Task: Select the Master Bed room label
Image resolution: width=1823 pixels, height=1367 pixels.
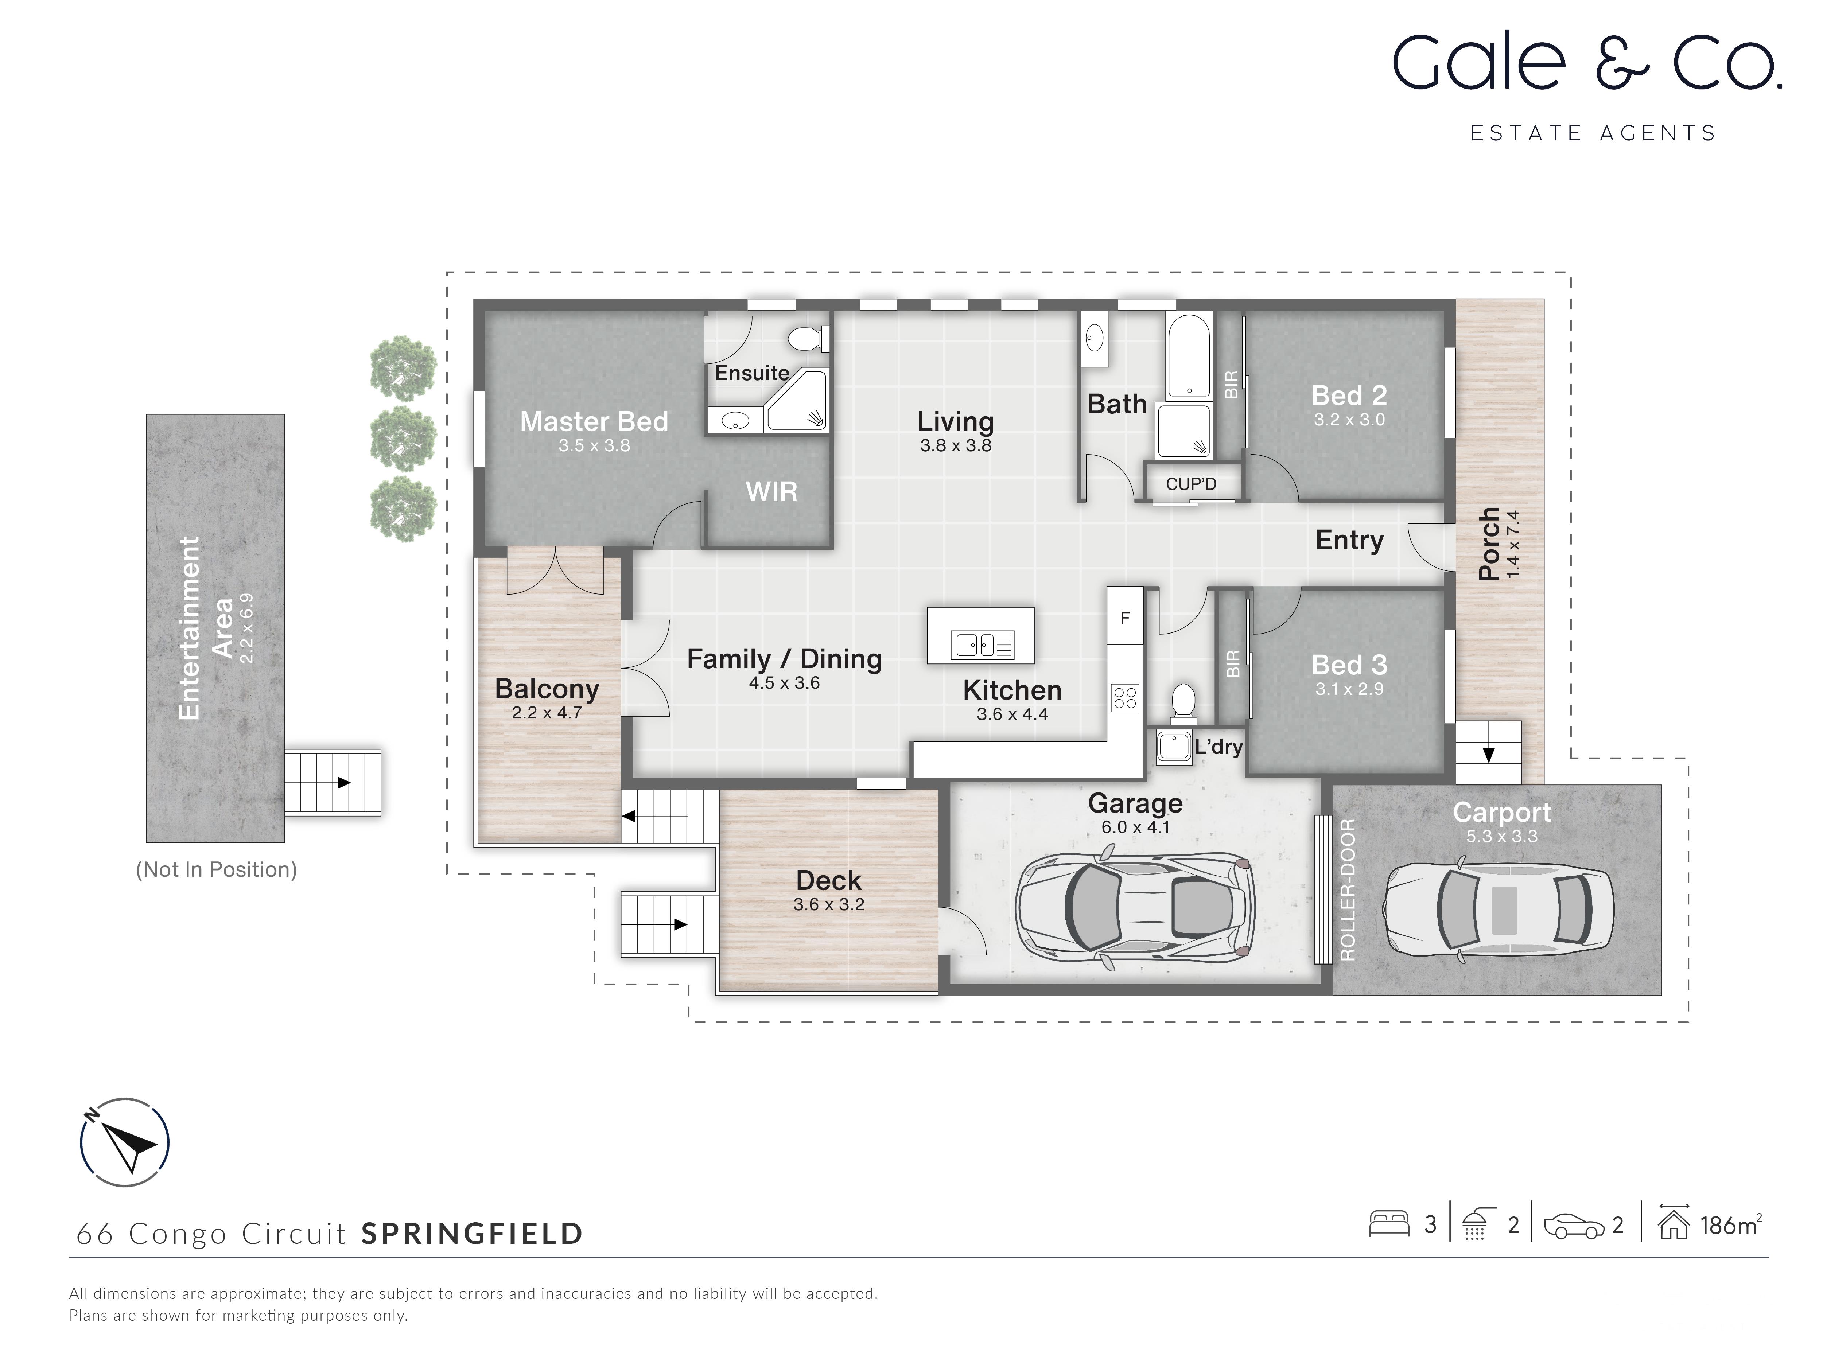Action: (x=593, y=422)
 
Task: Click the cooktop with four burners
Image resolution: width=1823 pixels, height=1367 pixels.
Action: (x=1125, y=698)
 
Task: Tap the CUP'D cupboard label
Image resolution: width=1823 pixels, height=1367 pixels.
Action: (x=1191, y=484)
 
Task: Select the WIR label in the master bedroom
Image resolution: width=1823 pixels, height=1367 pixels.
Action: (x=771, y=492)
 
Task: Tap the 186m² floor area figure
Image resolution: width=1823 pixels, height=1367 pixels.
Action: (x=1730, y=1225)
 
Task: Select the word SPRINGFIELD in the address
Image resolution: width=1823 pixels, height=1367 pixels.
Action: (x=472, y=1234)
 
